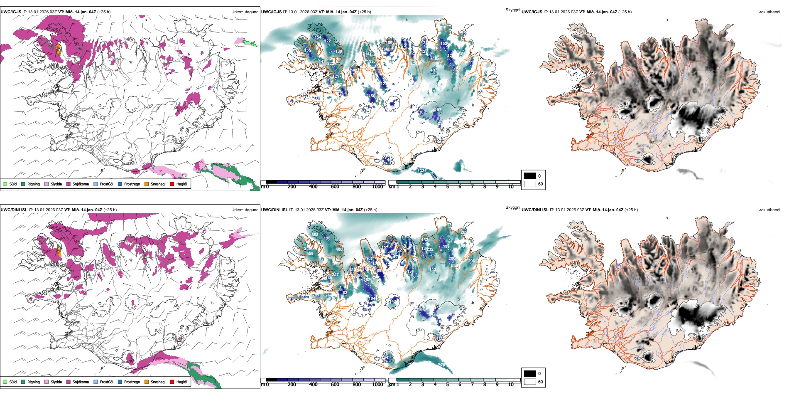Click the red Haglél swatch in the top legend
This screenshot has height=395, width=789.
pyautogui.click(x=172, y=184)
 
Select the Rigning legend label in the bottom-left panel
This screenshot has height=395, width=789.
pyautogui.click(x=34, y=382)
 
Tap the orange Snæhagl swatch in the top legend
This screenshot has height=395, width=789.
pyautogui.click(x=147, y=184)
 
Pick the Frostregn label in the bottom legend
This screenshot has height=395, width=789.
pyautogui.click(x=132, y=382)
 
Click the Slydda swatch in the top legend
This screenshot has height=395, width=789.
pyautogui.click(x=47, y=184)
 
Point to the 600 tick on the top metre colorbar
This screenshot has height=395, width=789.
pyautogui.click(x=335, y=187)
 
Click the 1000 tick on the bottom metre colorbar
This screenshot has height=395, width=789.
pyautogui.click(x=377, y=385)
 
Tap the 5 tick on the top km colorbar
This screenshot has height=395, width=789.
pyautogui.click(x=447, y=187)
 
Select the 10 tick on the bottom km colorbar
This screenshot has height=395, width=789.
pyautogui.click(x=511, y=385)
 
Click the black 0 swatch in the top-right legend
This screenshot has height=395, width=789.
pyautogui.click(x=530, y=176)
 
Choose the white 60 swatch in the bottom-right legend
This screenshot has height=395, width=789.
pyautogui.click(x=530, y=382)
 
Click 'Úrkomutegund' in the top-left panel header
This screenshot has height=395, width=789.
pyautogui.click(x=245, y=12)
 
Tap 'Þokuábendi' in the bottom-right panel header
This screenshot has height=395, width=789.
pyautogui.click(x=769, y=210)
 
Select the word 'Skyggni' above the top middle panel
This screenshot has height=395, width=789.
pyautogui.click(x=512, y=10)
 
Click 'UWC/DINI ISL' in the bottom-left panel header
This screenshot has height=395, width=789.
pyautogui.click(x=14, y=210)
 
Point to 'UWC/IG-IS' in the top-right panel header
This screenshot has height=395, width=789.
pyautogui.click(x=532, y=12)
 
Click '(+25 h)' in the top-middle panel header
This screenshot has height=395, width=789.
pyautogui.click(x=364, y=12)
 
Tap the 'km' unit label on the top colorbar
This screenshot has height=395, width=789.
pyautogui.click(x=392, y=187)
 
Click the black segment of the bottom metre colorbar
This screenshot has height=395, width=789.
pyautogui.click(x=271, y=380)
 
